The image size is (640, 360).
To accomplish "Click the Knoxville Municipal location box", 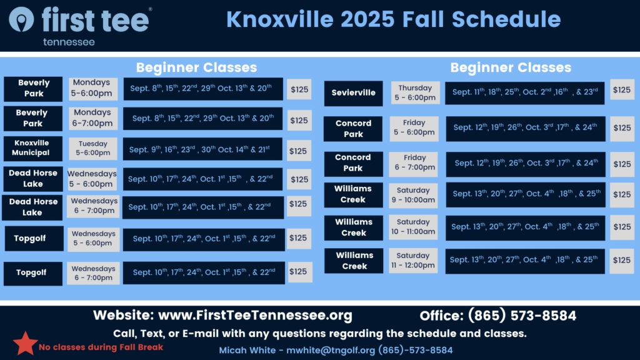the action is click(x=33, y=148).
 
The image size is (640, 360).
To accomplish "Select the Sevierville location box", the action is click(x=354, y=93).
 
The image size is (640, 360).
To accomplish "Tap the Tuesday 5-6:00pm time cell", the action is click(x=93, y=148).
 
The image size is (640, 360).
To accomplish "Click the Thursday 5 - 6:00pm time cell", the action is click(x=415, y=92).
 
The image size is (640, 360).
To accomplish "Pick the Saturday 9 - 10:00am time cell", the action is click(x=413, y=195).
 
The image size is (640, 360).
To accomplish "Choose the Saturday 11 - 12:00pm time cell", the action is click(x=413, y=261).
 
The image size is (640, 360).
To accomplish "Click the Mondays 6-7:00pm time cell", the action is click(x=92, y=118).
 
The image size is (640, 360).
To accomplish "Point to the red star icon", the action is click(x=25, y=343).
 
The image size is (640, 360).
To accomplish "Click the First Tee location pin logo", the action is click(x=21, y=19).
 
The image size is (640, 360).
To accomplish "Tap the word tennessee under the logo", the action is click(x=69, y=42).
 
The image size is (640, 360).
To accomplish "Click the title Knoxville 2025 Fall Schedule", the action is click(x=394, y=19).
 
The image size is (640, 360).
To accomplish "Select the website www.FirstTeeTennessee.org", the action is click(x=255, y=315).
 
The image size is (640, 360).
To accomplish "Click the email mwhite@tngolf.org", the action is click(x=331, y=350).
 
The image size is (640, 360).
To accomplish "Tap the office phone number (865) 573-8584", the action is click(x=522, y=316).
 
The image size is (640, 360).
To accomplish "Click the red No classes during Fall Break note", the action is click(x=101, y=347).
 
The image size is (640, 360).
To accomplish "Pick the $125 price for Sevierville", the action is click(x=622, y=90).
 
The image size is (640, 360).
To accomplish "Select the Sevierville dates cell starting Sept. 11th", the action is click(x=525, y=93).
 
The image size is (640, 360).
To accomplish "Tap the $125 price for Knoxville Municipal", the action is click(x=298, y=151).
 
